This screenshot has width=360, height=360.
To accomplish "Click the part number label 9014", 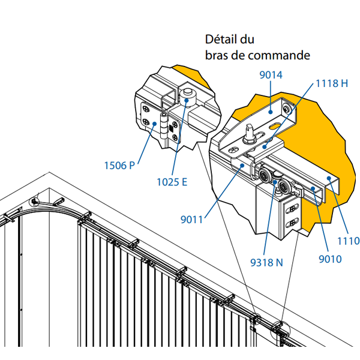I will click(271, 75).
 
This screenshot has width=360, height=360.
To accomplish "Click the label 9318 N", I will click(266, 262).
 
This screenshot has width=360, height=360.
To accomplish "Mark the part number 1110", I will click(349, 241).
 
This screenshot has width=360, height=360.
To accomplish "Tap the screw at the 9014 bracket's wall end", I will click(287, 109).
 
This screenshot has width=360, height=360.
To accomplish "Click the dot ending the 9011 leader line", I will click(243, 167).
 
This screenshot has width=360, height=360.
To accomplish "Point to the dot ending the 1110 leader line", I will click(328, 178).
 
